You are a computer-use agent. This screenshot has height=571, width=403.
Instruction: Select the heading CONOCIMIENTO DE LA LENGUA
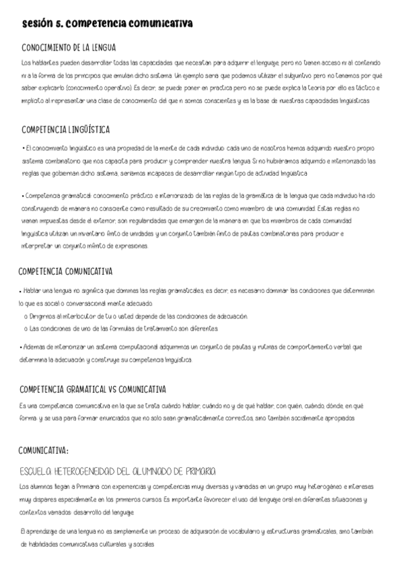click(x=69, y=48)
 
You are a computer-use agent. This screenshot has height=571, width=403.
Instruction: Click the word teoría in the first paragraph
click(x=310, y=88)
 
